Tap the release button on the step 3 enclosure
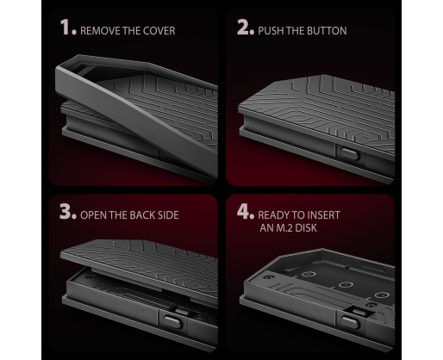172,322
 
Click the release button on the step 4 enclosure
350,323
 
